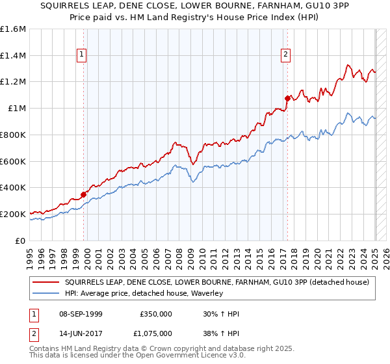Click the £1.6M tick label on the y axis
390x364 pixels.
coord(13,29)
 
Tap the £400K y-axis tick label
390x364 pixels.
coord(13,188)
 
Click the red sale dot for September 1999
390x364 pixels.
coord(83,194)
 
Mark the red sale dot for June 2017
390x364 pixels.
coord(287,98)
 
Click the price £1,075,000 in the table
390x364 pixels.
coord(155,333)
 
